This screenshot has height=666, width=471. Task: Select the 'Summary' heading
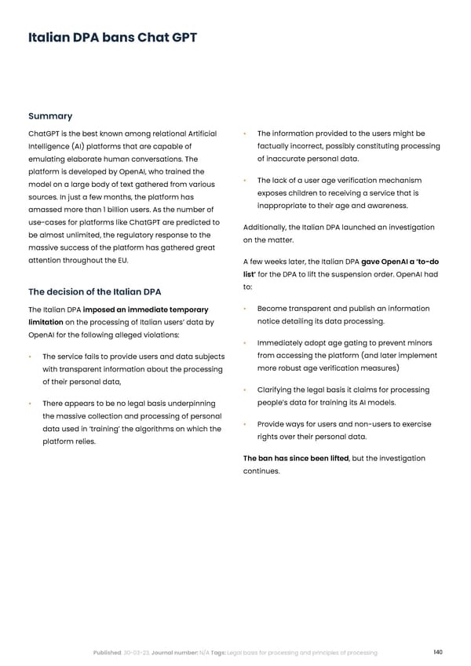[50, 116]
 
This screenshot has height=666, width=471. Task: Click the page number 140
[437, 652]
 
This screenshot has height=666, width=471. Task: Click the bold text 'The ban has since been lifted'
[294, 458]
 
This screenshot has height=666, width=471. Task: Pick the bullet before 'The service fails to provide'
[30, 357]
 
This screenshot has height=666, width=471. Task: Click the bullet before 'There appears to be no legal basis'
[30, 403]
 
